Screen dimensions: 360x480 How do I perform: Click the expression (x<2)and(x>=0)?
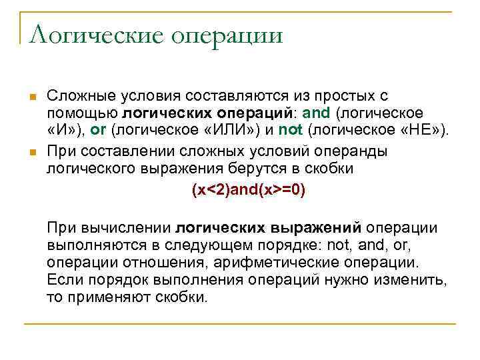pyautogui.click(x=248, y=190)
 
